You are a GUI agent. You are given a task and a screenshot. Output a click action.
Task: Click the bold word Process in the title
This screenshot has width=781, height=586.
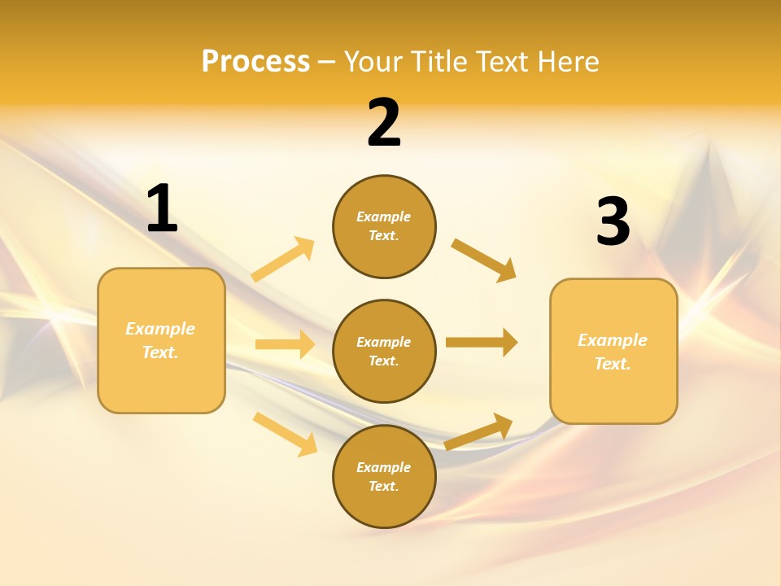click(x=255, y=62)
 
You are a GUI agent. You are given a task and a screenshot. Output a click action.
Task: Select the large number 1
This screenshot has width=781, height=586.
click(x=162, y=208)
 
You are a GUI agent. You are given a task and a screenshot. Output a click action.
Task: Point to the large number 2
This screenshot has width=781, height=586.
click(x=384, y=123)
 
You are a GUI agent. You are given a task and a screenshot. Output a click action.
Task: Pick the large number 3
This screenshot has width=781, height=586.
click(x=613, y=221)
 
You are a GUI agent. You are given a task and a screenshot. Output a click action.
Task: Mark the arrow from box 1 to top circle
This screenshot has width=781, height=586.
click(x=283, y=260)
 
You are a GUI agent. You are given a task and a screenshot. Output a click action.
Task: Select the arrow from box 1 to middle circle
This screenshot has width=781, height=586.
click(x=285, y=344)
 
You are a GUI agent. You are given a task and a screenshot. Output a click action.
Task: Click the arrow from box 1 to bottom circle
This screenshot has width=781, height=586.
click(x=285, y=433)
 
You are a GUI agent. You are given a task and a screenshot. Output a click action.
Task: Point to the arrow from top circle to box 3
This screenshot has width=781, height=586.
click(x=484, y=260)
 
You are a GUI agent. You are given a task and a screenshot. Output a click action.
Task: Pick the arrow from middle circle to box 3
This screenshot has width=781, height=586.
click(x=482, y=342)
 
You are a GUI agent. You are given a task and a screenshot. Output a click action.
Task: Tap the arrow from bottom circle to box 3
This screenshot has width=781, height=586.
click(x=478, y=431)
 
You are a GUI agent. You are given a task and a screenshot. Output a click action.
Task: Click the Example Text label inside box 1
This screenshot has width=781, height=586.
click(x=160, y=340)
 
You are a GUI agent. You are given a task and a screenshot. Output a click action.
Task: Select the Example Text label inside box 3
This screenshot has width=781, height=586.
click(x=613, y=352)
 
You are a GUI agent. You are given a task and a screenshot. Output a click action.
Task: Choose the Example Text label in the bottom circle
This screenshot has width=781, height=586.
click(x=384, y=476)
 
